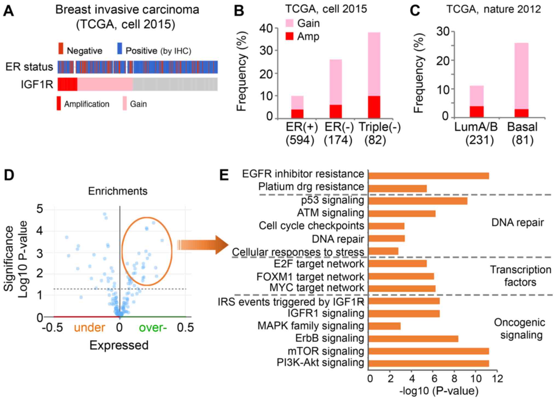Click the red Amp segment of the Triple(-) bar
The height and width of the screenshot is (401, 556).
point(374,107)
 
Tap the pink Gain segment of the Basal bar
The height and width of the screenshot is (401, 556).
point(521,76)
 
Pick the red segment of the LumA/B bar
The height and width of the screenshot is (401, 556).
point(477,111)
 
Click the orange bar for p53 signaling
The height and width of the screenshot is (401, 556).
point(418,201)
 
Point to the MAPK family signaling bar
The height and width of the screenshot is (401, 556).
point(384,326)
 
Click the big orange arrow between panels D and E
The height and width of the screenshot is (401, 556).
point(203,244)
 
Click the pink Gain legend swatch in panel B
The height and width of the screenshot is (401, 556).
point(289,23)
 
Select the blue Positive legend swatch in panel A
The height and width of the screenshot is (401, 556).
point(120,48)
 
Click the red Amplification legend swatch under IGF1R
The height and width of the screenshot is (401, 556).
point(59,103)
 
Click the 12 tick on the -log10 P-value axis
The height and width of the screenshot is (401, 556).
point(497,379)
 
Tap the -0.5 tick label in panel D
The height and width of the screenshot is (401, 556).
point(53,327)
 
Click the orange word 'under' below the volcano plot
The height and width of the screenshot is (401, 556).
point(90,327)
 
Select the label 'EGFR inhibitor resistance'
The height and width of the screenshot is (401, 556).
point(303,174)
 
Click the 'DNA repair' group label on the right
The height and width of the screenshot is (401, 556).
point(517,222)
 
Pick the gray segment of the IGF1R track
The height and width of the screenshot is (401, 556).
point(175,84)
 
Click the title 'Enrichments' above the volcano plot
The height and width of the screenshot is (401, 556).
point(118,191)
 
